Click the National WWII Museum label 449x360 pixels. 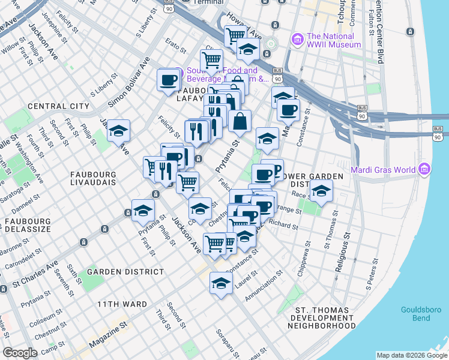click(x=333, y=40)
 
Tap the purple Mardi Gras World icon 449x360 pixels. click(x=426, y=169)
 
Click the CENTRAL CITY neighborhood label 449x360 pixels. click(x=58, y=106)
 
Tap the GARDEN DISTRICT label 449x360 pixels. click(x=125, y=272)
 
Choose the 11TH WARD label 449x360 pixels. click(x=122, y=304)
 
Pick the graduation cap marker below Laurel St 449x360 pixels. click(x=221, y=283)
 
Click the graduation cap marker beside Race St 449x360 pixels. click(x=321, y=192)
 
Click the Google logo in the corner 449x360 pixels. click(x=20, y=353)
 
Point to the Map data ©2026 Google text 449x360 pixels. click(x=411, y=355)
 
